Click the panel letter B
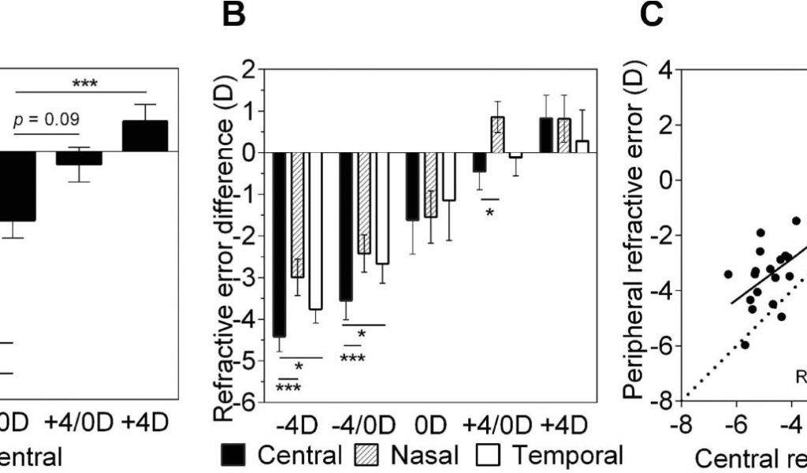tap(234, 17)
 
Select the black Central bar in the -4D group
tap(279, 244)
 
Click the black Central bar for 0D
tap(413, 186)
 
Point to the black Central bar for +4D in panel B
tap(545, 135)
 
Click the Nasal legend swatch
tap(368, 455)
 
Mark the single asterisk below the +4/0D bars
tap(489, 212)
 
